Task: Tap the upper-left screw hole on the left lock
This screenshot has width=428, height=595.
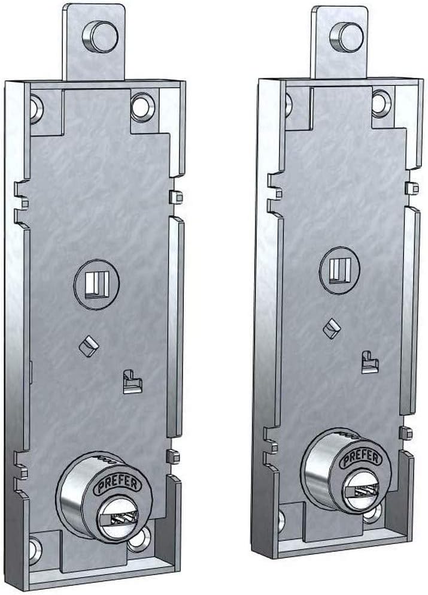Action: click(35, 108)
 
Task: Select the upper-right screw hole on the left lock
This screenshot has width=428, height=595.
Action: click(142, 106)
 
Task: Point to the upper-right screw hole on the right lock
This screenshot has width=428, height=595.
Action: click(381, 102)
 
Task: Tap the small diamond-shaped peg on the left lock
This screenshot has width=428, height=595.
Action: click(88, 346)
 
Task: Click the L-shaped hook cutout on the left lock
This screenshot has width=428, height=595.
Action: click(131, 382)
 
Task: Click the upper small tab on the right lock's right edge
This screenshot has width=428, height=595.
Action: click(411, 188)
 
